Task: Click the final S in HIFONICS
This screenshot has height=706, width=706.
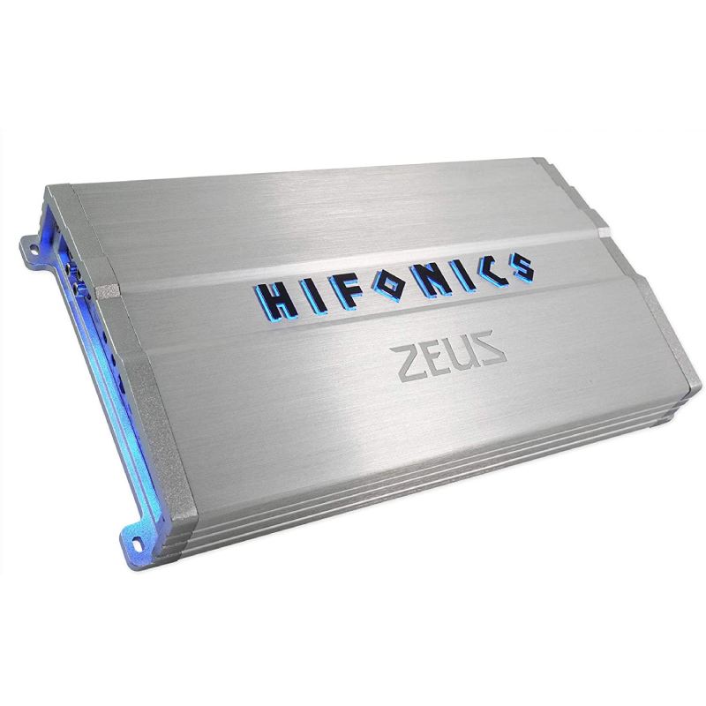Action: pos(519,267)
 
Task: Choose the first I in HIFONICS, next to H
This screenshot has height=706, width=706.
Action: pos(314,297)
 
